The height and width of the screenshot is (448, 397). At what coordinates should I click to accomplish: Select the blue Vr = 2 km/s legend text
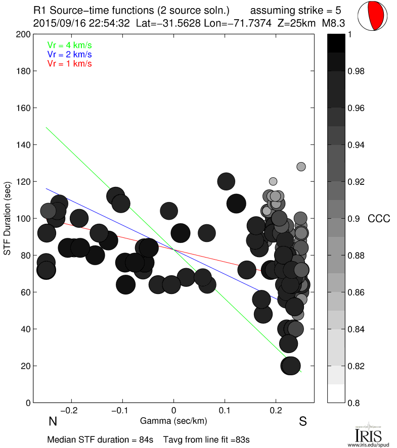[x=69, y=55]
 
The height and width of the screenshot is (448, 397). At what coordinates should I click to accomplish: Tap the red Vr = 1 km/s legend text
[x=69, y=64]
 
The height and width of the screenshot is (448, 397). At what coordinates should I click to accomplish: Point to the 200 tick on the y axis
[x=23, y=34]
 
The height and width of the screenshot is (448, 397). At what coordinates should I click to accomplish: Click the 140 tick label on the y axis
[x=23, y=145]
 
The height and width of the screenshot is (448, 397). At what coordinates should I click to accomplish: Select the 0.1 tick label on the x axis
[x=225, y=410]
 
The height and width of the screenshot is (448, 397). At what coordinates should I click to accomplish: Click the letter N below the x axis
[x=52, y=422]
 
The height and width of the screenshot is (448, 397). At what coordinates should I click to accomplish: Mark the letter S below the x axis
[x=303, y=422]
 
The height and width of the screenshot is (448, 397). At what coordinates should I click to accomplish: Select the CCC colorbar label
[x=379, y=219]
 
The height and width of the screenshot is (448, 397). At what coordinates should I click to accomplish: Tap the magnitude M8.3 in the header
[x=333, y=23]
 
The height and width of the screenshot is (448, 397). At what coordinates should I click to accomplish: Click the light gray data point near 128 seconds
[x=301, y=167]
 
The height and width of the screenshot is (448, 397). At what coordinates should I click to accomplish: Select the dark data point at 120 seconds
[x=226, y=181]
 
